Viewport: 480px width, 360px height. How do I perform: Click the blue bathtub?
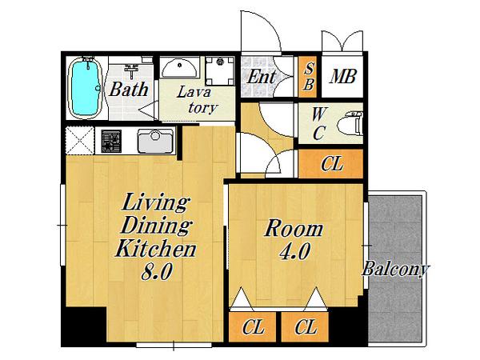coord(86,88)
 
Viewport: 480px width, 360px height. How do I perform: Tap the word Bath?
coord(129,90)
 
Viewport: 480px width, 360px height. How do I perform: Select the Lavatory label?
coord(198,100)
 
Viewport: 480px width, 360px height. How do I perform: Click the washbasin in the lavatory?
coord(179,68)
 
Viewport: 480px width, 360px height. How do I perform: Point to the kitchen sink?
coord(155,141)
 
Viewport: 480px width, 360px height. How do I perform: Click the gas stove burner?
coord(111,141)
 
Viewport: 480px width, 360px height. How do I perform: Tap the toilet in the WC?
coord(351,124)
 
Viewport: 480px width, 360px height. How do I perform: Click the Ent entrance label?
coord(262,77)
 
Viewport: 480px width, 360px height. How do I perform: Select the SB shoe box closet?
coord(309,77)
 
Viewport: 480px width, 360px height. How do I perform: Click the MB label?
coord(343,77)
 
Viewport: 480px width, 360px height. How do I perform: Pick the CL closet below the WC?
coord(331,164)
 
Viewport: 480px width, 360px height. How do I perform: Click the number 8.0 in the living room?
coord(157,271)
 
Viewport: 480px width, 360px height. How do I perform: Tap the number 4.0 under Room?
coord(294,251)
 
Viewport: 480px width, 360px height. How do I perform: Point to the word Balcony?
coord(395,270)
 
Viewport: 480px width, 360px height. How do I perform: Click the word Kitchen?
coord(155,248)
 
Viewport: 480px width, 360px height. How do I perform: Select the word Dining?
coord(156,226)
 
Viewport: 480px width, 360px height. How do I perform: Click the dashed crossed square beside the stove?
coord(80,141)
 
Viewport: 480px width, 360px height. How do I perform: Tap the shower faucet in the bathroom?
coord(132,70)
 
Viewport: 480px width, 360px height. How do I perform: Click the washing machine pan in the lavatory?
coord(220,71)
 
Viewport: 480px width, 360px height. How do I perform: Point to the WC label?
coord(318,123)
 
